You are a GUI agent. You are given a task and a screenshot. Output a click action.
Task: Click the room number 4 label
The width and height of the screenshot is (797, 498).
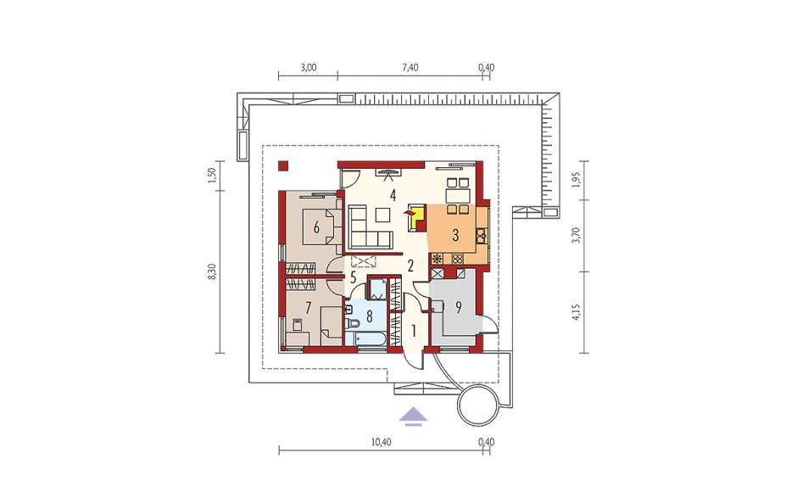click(x=393, y=195)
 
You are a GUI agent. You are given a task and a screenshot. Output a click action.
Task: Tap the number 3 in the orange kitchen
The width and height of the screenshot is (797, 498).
click(x=455, y=235)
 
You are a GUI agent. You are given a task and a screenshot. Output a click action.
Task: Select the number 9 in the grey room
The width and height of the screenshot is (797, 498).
click(x=458, y=307)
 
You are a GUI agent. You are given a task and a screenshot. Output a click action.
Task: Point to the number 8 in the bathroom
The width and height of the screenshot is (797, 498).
click(x=369, y=316)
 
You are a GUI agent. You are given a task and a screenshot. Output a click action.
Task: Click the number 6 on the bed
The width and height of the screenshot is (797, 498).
click(x=316, y=227)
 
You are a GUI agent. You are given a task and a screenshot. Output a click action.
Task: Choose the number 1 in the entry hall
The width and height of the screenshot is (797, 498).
click(x=414, y=332)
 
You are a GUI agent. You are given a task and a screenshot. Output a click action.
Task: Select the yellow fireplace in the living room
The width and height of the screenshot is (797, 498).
click(x=418, y=218)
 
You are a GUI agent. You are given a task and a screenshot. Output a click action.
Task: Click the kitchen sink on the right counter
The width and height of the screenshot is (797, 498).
click(x=481, y=235)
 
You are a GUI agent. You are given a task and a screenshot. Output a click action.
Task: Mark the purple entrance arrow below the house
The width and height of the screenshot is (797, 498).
click(x=413, y=415)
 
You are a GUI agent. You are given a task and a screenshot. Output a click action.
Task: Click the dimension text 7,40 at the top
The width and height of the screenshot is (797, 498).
click(x=410, y=68)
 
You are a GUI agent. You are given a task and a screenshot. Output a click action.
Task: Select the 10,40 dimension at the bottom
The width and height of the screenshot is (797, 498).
click(x=382, y=442)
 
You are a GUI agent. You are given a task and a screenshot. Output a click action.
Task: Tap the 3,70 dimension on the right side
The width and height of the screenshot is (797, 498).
click(x=576, y=236)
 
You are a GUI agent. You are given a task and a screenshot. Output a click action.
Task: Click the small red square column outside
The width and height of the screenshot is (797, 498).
click(x=282, y=165)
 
